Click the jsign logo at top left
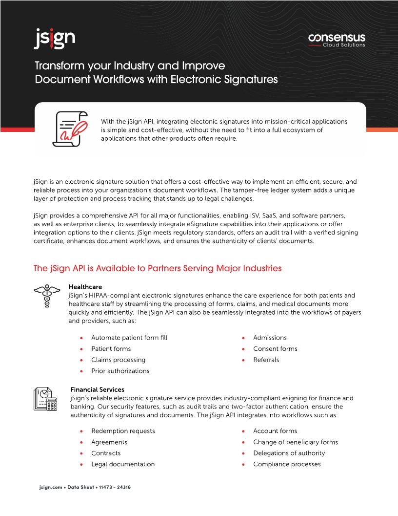tap(54, 39)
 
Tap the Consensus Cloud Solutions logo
tap(337, 40)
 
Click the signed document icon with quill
tap(71, 129)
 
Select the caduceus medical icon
tap(46, 296)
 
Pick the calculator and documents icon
tap(45, 399)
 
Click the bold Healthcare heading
tap(85, 286)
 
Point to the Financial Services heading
tap(97, 389)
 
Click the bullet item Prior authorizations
tap(120, 371)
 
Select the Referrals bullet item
tap(266, 360)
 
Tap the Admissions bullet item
tap(270, 338)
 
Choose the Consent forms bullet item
tap(275, 349)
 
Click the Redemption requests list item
tap(123, 431)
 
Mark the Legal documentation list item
tap(123, 464)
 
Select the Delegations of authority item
tap(289, 453)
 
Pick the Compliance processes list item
tap(287, 464)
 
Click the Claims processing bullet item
tap(118, 360)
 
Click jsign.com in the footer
tap(50, 488)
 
